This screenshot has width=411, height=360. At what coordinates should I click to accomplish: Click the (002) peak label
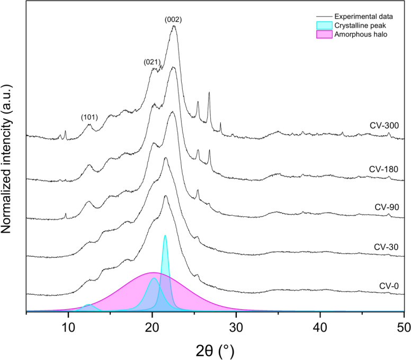click(x=173, y=20)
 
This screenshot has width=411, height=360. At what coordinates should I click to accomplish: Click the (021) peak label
click(x=152, y=62)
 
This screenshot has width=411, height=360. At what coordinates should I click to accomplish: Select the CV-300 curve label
click(x=384, y=126)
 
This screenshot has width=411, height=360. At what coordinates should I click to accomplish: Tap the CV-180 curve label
click(x=384, y=169)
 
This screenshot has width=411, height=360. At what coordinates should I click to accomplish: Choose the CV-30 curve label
click(x=386, y=247)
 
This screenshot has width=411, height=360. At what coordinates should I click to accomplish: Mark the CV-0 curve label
click(x=388, y=285)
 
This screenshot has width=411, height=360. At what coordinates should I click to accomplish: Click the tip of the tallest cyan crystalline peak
click(x=165, y=236)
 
